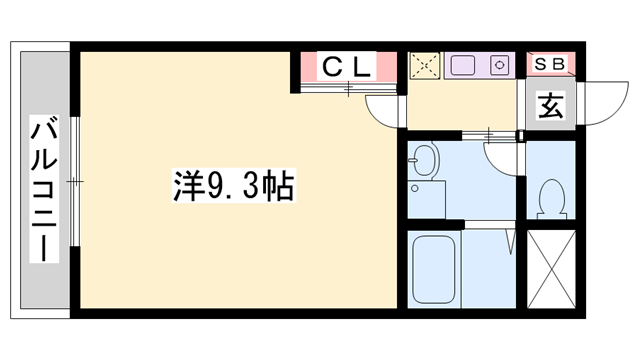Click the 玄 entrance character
coord(551,103)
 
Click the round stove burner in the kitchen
coord(499,67)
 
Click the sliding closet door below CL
coord(348,89)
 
